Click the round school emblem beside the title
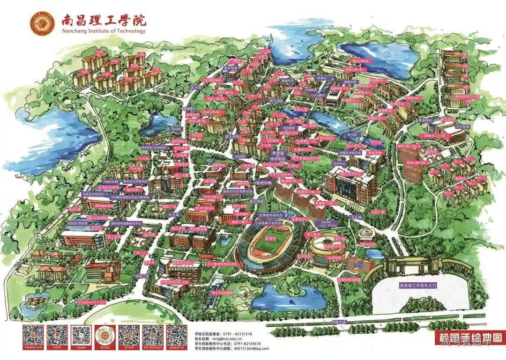coord(42,23)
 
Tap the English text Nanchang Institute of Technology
coord(104,31)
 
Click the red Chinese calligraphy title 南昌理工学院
coord(104,20)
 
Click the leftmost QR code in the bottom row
coord(33,336)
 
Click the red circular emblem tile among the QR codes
coord(105,336)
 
